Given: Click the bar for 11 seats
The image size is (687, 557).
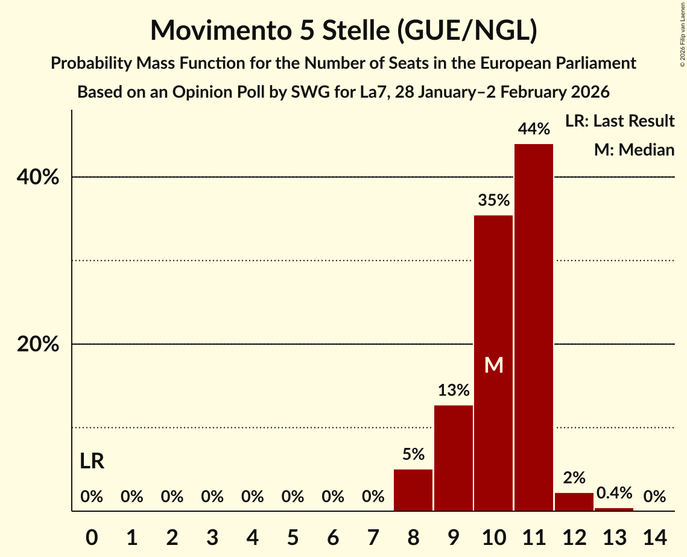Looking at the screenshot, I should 534,327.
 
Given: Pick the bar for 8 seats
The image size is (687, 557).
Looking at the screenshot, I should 413,490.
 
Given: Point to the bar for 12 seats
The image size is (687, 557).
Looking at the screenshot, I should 574,502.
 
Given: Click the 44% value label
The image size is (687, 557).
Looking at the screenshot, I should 534,129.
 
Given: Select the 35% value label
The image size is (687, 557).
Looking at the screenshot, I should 493,201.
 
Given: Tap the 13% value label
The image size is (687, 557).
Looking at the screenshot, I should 454,391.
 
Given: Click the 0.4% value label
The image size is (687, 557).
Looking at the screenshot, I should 614,493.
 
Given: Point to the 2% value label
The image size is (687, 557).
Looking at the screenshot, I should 574,478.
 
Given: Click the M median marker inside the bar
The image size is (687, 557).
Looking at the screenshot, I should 493,365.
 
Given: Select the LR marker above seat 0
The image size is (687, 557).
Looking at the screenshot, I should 92,462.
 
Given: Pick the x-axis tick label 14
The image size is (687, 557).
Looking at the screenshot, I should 654,535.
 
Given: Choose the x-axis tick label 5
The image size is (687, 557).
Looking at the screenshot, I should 293,535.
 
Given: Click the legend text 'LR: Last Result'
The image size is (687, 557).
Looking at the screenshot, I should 619,121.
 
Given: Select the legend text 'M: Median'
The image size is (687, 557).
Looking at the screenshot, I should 634,149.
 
